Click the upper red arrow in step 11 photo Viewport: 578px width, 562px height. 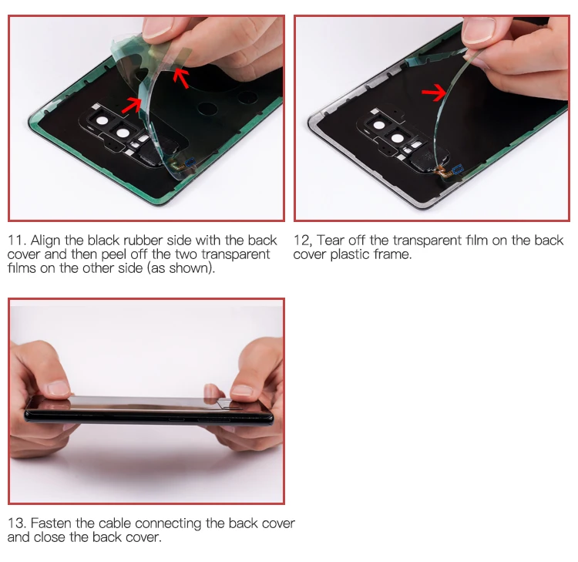click(x=180, y=76)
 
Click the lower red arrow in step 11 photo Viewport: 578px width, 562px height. click(x=132, y=104)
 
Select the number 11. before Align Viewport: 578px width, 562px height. click(x=17, y=241)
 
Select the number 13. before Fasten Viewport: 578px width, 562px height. click(x=17, y=523)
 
